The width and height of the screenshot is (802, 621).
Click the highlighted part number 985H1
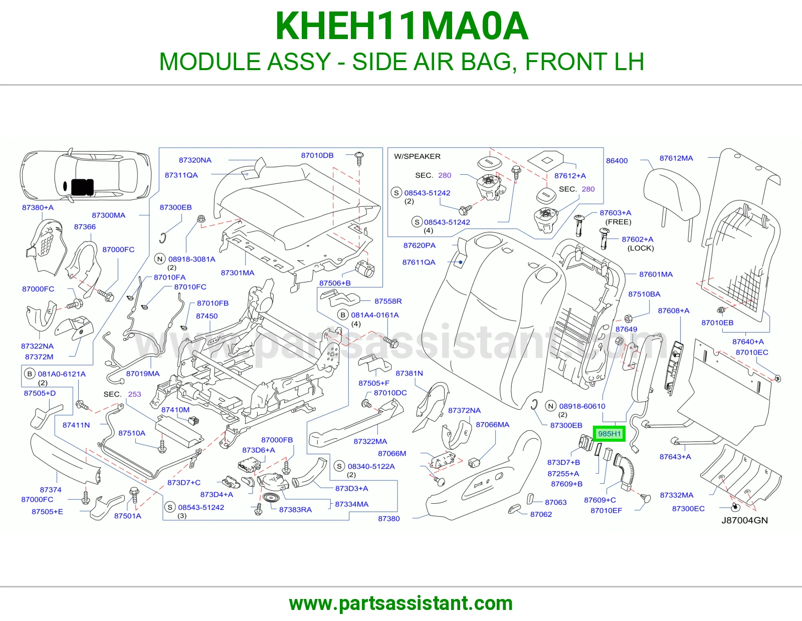pos(609,434)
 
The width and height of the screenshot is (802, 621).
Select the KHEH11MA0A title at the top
pos(402,26)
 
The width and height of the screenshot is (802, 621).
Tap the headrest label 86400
pos(617,161)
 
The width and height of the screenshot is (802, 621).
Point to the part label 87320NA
pos(195,160)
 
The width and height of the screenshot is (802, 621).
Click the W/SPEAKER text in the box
pos(417,156)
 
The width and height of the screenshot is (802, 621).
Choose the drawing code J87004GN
pos(744,520)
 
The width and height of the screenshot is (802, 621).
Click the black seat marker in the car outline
pos(82,187)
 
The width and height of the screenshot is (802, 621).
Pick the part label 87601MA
pos(656,274)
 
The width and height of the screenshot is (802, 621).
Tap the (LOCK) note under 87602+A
pos(640,248)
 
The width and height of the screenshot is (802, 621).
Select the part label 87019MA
pos(143,374)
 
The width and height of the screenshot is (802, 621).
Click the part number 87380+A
pos(38,208)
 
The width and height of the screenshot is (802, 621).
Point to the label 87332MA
pos(677,495)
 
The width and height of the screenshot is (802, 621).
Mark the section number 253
pos(134,394)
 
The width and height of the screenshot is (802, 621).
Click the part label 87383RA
pos(295,510)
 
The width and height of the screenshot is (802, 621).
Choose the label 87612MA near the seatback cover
pos(676,158)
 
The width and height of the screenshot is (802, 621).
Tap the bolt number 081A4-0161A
pos(374,315)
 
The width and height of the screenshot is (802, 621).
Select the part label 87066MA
pos(492,425)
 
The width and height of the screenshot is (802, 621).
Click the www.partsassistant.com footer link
pos(401,603)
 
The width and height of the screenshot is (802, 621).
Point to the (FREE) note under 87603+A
pos(618,222)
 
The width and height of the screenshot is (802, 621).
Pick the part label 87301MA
pos(237,273)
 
